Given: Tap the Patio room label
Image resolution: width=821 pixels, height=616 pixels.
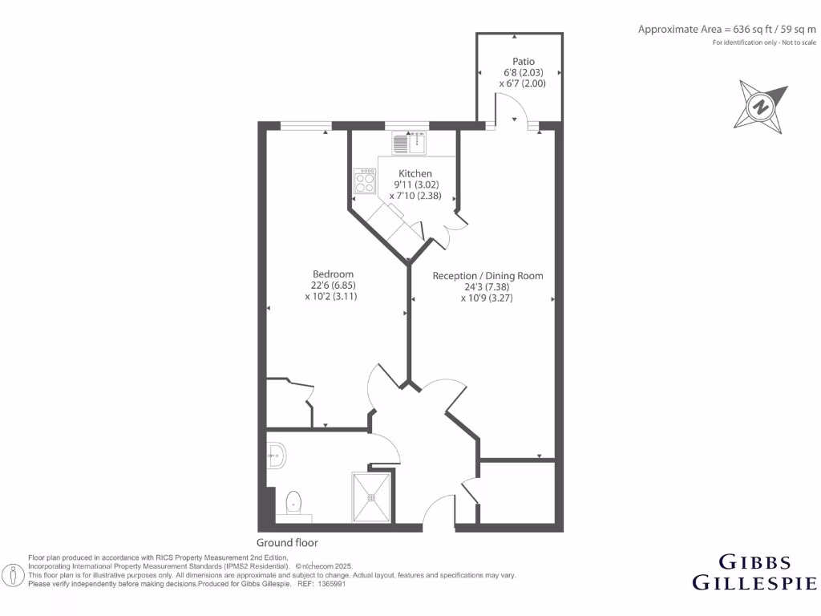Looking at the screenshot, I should pyautogui.click(x=524, y=62).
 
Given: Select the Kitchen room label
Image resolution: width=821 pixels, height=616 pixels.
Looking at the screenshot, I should pyautogui.click(x=415, y=173).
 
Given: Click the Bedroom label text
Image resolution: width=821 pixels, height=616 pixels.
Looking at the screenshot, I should pyautogui.click(x=332, y=274).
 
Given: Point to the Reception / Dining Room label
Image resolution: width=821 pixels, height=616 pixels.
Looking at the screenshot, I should pyautogui.click(x=487, y=276).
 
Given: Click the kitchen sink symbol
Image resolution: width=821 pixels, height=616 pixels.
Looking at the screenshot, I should pyautogui.click(x=410, y=143).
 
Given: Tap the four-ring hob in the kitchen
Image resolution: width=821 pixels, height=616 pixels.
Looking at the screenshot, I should pyautogui.click(x=365, y=181).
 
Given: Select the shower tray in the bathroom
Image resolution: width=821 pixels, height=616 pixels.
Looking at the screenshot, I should pyautogui.click(x=372, y=497).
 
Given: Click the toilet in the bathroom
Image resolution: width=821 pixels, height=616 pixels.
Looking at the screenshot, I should pyautogui.click(x=293, y=504).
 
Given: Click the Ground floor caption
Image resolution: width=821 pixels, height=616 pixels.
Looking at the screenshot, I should pyautogui.click(x=287, y=543).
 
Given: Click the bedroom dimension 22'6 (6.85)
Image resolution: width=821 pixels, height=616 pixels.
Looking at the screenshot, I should pyautogui.click(x=332, y=286).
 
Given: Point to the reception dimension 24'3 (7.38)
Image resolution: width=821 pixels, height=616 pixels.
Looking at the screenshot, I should pyautogui.click(x=487, y=287).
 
